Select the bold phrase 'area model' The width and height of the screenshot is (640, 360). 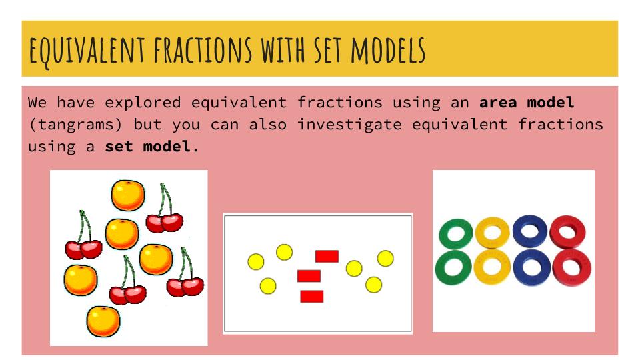pyautogui.click(x=527, y=103)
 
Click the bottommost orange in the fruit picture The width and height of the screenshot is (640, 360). pyautogui.click(x=103, y=321)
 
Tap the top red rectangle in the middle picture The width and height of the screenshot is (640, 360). pyautogui.click(x=327, y=256)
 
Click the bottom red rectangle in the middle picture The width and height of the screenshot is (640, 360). pyautogui.click(x=311, y=296)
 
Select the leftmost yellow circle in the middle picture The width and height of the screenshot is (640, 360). pyautogui.click(x=255, y=262)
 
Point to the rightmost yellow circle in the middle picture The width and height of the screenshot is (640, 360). pyautogui.click(x=385, y=258)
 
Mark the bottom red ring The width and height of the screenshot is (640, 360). pyautogui.click(x=572, y=267)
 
